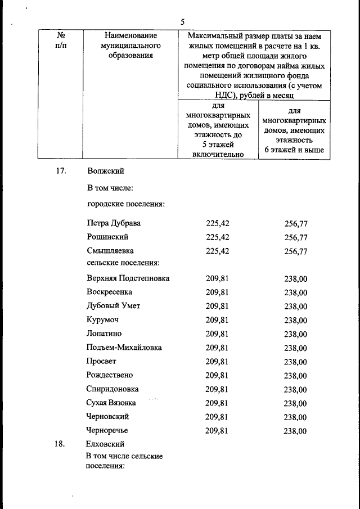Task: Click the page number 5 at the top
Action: [x=182, y=22]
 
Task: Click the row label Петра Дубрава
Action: [x=114, y=223]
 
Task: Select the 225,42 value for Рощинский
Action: [x=218, y=237]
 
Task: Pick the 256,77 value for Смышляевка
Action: [x=296, y=251]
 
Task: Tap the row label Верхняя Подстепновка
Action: [x=128, y=278]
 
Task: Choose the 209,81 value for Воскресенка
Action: [x=217, y=292]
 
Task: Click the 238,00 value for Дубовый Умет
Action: [x=295, y=307]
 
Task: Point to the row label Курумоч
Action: [x=102, y=320]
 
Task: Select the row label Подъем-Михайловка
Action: [x=124, y=348]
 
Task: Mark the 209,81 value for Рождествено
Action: [x=217, y=375]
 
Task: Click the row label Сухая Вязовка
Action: [x=111, y=403]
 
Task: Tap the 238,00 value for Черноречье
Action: [x=295, y=431]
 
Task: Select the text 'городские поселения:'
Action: [x=125, y=202]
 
